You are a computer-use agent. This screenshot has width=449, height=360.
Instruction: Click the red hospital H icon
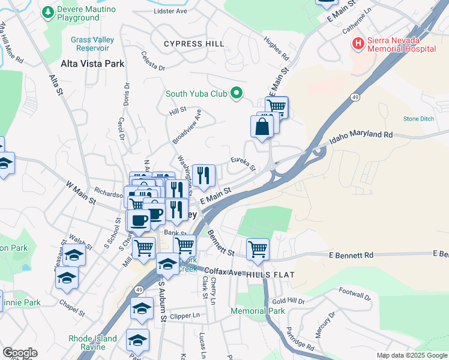coord(358,43)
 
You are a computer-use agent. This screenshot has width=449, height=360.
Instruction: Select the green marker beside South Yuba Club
coord(237,93)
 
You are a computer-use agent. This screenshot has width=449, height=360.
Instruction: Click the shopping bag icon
coord(262,127)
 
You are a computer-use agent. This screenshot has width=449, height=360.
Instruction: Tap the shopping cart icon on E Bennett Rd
coord(258,248)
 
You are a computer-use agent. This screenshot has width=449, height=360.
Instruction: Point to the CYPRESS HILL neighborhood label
coord(194,44)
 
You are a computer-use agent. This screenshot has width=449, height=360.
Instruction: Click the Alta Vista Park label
coord(92,63)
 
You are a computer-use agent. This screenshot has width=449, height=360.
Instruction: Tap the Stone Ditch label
coord(418,119)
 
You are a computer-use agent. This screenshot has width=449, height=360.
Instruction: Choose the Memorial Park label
coord(258,311)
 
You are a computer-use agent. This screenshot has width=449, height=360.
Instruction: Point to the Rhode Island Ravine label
coord(92,343)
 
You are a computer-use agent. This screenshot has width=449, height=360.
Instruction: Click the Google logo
coord(20,353)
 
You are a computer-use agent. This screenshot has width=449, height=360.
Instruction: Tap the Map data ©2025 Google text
coord(411,355)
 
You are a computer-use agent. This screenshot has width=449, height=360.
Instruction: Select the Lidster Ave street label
coord(170,11)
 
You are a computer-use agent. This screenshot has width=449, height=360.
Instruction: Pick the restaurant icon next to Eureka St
coord(204,175)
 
